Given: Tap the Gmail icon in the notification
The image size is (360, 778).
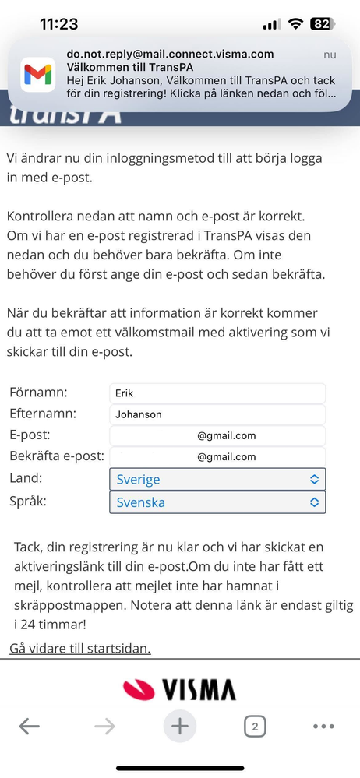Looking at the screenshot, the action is tap(37, 75).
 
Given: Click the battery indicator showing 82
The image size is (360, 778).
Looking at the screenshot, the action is tap(321, 24).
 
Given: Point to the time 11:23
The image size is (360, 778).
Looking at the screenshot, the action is tap(59, 24).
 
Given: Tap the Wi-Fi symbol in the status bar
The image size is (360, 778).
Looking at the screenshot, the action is tap(295, 24).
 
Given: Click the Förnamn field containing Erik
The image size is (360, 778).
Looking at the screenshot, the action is tap(217, 393).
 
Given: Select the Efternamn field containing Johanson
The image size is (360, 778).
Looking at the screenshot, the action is tap(217, 414).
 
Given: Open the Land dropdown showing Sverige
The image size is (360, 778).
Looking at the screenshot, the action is tap(217, 479).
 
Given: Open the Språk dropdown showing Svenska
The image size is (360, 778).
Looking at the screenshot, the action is tap(217, 502).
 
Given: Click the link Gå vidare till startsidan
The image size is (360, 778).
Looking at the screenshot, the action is tap(80, 648).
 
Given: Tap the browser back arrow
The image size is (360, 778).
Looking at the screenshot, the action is tap(29, 727).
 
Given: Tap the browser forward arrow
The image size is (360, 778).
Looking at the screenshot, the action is tap(104, 727).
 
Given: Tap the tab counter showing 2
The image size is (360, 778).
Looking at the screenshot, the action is tap(254, 727).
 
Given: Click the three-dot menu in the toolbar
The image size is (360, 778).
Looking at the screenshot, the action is tap(323, 727).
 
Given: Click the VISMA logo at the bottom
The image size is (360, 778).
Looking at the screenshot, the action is tap(179, 688).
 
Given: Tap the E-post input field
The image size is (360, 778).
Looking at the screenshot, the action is tap(217, 435).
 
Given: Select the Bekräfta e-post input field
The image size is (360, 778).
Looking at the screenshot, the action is tap(217, 456).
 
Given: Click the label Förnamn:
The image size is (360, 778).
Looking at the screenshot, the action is tap(38, 393).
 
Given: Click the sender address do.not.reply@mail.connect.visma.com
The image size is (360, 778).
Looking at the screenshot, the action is tap(170, 54).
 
